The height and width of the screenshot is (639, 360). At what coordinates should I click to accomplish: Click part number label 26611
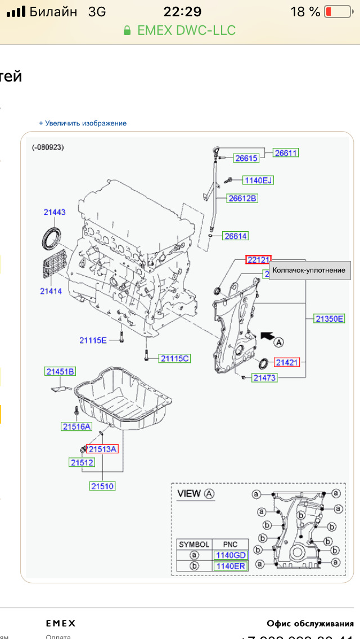click(x=286, y=153)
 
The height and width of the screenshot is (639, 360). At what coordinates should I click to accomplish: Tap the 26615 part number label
click(x=246, y=159)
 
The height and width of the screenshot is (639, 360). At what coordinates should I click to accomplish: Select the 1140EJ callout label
click(x=258, y=181)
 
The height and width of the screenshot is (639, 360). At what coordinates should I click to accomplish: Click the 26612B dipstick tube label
click(x=242, y=198)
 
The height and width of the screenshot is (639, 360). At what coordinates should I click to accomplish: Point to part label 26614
click(x=235, y=236)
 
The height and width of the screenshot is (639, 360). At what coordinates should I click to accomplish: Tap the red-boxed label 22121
click(x=258, y=259)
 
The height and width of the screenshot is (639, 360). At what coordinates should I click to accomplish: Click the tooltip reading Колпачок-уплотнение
click(x=309, y=271)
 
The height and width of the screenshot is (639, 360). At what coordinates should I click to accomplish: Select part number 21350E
click(x=329, y=319)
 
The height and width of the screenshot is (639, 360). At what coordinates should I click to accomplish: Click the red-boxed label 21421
click(x=287, y=362)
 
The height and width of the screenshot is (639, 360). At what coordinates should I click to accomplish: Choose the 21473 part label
click(x=264, y=378)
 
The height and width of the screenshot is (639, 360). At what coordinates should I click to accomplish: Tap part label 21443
click(x=55, y=212)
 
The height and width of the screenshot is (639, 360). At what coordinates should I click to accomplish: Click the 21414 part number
click(x=51, y=291)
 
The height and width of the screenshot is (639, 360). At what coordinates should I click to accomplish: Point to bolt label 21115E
click(x=93, y=340)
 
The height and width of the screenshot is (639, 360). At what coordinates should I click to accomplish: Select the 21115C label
click(x=175, y=358)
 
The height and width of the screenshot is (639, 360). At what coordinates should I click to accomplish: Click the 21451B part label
click(x=61, y=371)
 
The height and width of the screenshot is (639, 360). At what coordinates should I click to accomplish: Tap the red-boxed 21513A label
click(x=102, y=449)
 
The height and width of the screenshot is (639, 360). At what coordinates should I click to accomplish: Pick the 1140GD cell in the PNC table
click(x=231, y=555)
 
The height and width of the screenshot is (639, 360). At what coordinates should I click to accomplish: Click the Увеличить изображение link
click(x=83, y=123)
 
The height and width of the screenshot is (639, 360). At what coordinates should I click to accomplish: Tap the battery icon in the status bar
click(x=336, y=12)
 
